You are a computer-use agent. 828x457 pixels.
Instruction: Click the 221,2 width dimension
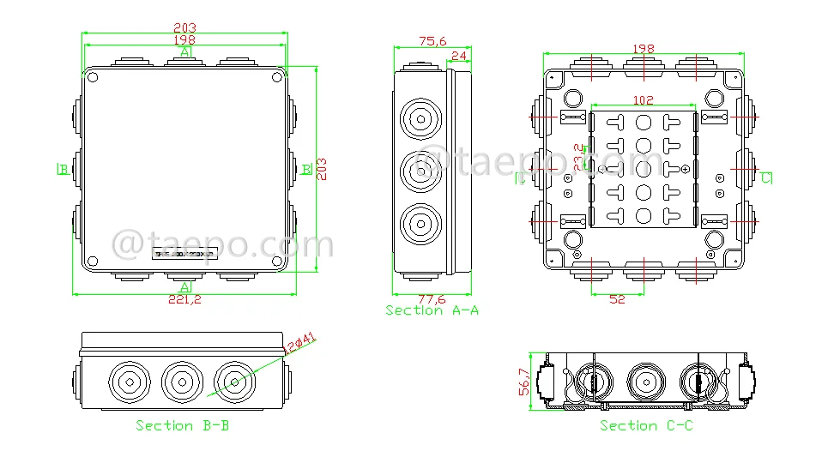coord(184,300)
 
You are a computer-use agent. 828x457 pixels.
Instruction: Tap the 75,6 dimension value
coord(432,40)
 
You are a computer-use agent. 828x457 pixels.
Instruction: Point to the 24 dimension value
coord(458,57)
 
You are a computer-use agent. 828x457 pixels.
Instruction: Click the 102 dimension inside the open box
coord(642,99)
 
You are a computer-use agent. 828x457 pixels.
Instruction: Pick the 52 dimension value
coord(617,299)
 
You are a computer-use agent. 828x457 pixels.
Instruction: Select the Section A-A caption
coord(432,310)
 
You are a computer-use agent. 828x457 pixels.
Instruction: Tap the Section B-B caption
coord(182,425)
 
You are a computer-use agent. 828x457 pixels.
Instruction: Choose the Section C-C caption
coord(646,425)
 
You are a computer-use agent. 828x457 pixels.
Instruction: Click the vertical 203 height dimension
coord(323,167)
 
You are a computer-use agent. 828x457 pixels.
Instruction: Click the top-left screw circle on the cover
coord(94,79)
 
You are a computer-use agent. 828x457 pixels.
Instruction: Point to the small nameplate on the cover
coord(185,253)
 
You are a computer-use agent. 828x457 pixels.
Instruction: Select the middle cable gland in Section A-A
coord(420,169)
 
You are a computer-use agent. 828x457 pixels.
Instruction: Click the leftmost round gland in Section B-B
coord(127,379)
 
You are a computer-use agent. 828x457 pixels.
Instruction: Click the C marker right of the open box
coord(765,177)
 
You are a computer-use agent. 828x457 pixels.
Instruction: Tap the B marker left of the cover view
coord(63,169)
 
